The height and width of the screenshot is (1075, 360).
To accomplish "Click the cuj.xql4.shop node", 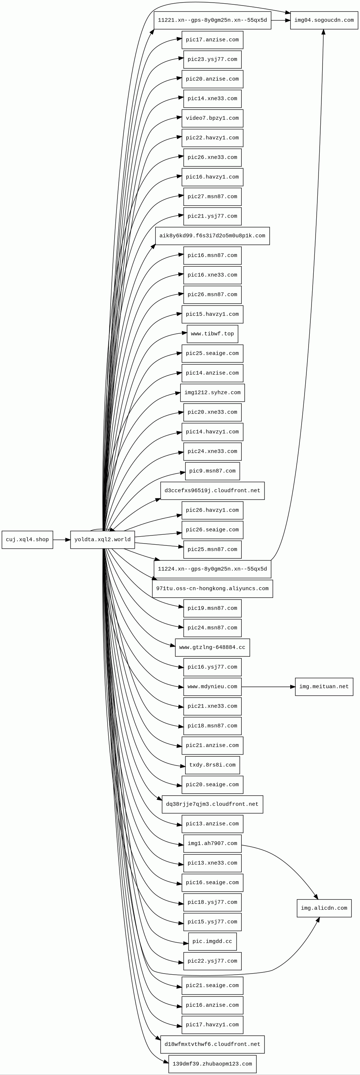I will pyautogui.click(x=27, y=540).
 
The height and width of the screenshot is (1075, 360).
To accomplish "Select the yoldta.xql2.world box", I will pyautogui.click(x=102, y=540).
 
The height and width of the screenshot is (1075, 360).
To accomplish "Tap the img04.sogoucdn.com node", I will pyautogui.click(x=324, y=20).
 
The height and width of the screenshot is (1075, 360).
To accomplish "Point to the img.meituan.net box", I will pyautogui.click(x=324, y=687).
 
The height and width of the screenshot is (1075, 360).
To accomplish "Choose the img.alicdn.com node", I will pyautogui.click(x=324, y=908).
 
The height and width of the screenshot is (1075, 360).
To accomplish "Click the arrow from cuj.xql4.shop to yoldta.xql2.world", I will pyautogui.click(x=61, y=540).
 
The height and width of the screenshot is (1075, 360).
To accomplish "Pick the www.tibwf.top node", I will pyautogui.click(x=212, y=334).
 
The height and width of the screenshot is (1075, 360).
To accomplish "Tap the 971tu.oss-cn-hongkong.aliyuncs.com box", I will pyautogui.click(x=212, y=588).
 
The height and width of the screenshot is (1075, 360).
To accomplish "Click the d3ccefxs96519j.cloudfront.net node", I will pyautogui.click(x=212, y=490).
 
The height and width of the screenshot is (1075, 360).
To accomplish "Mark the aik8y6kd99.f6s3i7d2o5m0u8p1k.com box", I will pyautogui.click(x=212, y=236).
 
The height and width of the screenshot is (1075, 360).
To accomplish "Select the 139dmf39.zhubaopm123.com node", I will pyautogui.click(x=212, y=1064).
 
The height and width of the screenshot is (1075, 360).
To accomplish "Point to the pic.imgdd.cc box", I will pyautogui.click(x=212, y=941).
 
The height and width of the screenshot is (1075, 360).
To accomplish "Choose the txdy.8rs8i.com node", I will pyautogui.click(x=212, y=765).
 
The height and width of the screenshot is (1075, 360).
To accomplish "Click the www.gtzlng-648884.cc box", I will pyautogui.click(x=212, y=647).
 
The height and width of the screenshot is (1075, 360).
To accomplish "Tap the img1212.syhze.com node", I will pyautogui.click(x=212, y=393).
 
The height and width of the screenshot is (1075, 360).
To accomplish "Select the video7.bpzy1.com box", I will pyautogui.click(x=212, y=118).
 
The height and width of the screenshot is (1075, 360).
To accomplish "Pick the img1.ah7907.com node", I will pyautogui.click(x=212, y=843).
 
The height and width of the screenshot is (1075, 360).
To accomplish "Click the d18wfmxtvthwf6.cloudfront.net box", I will pyautogui.click(x=212, y=1044).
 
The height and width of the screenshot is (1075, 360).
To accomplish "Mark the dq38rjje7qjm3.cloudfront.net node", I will pyautogui.click(x=212, y=804).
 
